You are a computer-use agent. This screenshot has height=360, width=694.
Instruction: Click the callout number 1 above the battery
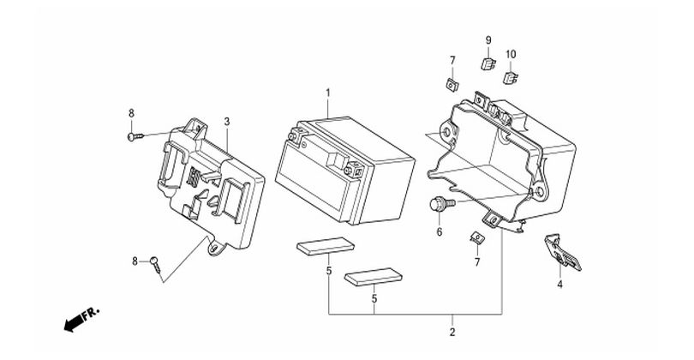328,93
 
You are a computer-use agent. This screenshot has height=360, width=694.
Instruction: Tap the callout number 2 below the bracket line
452,332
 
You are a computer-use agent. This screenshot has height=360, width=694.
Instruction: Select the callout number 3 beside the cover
226,122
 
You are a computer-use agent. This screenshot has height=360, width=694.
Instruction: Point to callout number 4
559,285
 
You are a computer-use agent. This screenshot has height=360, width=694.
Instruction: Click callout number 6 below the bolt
440,232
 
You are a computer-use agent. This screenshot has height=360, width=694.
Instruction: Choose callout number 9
488,40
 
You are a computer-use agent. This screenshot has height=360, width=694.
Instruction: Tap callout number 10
511,55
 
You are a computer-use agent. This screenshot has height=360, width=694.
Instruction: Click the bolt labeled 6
442,204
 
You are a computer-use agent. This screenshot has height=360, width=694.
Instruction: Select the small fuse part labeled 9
488,63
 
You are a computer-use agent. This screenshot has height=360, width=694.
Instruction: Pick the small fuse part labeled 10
511,78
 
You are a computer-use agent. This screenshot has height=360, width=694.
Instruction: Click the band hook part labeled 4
562,253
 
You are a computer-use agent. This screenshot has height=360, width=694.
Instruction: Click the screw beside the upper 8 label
136,136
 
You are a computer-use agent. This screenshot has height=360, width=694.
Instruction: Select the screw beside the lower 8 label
156,265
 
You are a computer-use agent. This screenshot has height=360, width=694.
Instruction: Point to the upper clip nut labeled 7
452,84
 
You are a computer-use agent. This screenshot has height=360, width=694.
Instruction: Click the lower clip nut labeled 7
476,237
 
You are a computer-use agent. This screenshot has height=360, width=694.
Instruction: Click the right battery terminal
355,169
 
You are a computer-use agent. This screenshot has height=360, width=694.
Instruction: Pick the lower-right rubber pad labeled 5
373,276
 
